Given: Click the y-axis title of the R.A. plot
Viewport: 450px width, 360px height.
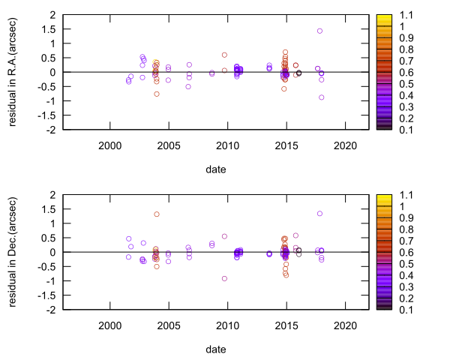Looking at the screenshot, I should pyautogui.click(x=13, y=73).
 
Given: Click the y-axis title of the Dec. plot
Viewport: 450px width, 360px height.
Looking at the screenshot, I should pyautogui.click(x=13, y=253).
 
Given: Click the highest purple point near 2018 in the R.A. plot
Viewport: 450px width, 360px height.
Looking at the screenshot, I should pyautogui.click(x=319, y=31).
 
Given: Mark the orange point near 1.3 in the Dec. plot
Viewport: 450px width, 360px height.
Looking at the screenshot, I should pyautogui.click(x=157, y=214).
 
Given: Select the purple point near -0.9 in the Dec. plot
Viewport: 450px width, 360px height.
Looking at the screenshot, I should pyautogui.click(x=224, y=278).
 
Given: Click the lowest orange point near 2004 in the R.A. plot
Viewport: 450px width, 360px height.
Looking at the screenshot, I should pyautogui.click(x=157, y=94).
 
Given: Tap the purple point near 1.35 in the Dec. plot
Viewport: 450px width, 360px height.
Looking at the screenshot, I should pyautogui.click(x=319, y=214).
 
